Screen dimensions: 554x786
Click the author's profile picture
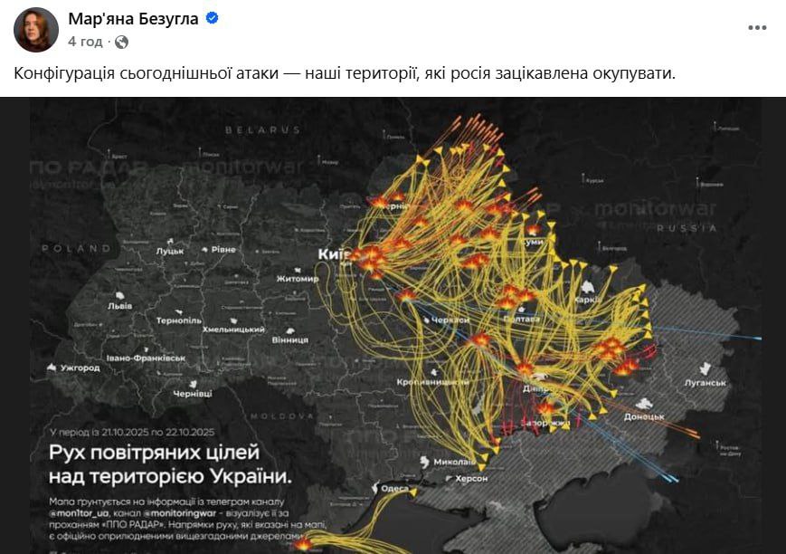36,29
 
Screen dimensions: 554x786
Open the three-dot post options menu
756,28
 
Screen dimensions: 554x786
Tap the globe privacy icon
121,42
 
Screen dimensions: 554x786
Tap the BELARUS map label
262,130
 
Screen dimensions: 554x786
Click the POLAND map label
80,247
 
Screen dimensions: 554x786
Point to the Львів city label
119,306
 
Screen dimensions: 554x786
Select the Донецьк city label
644,416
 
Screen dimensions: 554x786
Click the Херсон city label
469,478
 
